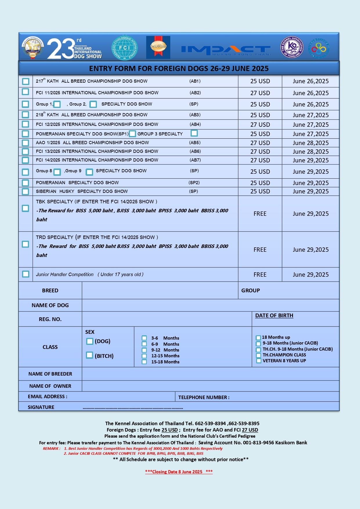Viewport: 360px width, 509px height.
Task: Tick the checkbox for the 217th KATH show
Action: pyautogui.click(x=26, y=81)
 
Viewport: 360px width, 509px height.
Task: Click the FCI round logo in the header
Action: pyautogui.click(x=124, y=48)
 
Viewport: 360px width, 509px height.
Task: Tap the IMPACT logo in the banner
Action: pyautogui.click(x=226, y=50)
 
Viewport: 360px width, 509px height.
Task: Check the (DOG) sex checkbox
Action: pyautogui.click(x=90, y=341)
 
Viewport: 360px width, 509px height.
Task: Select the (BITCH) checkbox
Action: pyautogui.click(x=90, y=355)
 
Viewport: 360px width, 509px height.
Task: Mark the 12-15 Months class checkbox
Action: pyautogui.click(x=144, y=356)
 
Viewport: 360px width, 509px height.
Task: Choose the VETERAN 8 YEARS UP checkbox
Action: pyautogui.click(x=258, y=361)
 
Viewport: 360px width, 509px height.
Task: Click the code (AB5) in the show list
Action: pyautogui.click(x=195, y=143)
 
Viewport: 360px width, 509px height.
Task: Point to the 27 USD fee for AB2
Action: pyautogui.click(x=260, y=93)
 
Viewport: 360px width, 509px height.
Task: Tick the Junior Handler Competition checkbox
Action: pyautogui.click(x=26, y=274)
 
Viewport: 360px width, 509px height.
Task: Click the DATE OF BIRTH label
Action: pyautogui.click(x=274, y=316)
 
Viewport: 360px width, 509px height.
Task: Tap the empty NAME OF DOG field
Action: pyautogui.click(x=210, y=305)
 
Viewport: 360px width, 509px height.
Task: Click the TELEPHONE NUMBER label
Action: pyautogui.click(x=204, y=397)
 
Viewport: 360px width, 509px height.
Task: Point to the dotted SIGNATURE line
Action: pyautogui.click(x=133, y=408)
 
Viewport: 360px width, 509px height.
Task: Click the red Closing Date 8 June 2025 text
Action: pyautogui.click(x=179, y=472)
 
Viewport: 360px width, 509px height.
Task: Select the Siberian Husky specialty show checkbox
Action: pyautogui.click(x=26, y=191)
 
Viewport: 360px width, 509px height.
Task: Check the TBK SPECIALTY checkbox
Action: pyautogui.click(x=26, y=208)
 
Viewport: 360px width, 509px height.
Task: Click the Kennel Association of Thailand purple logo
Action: pyautogui.click(x=292, y=47)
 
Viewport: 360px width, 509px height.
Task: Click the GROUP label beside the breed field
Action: pyautogui.click(x=250, y=291)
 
